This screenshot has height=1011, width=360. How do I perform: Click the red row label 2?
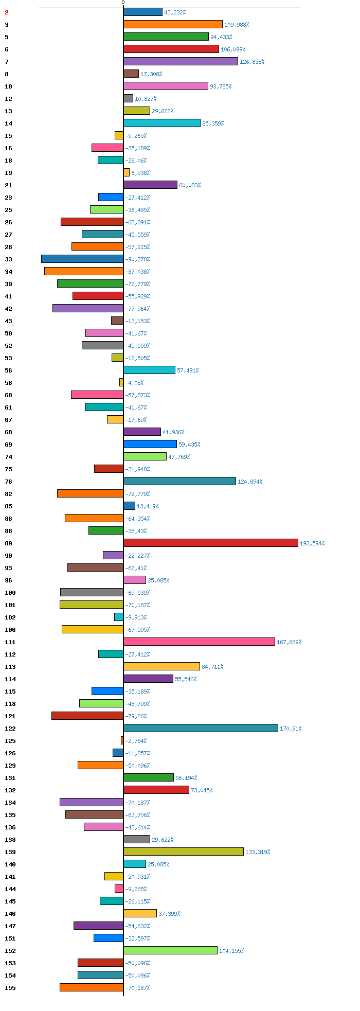tap(7, 12)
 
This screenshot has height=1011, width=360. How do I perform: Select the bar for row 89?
tap(211, 543)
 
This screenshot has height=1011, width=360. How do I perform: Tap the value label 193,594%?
tap(312, 543)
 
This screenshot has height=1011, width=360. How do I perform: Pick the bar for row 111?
tap(199, 642)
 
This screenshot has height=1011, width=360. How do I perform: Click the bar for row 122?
tap(201, 728)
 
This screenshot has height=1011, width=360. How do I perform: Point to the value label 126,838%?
tap(252, 62)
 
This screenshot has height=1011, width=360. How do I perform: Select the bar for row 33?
tap(82, 259)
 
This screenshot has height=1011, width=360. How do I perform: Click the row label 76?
tap(8, 482)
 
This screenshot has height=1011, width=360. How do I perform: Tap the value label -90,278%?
tap(137, 259)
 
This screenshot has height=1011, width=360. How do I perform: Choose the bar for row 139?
tap(184, 852)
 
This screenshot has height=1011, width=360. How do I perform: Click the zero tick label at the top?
tap(123, 3)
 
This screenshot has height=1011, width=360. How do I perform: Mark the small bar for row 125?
tap(122, 740)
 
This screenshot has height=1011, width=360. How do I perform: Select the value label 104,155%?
tap(231, 951)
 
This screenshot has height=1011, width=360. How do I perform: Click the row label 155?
tap(10, 988)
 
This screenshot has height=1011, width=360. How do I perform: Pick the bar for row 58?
tap(121, 382)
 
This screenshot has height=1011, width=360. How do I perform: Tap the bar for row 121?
tap(87, 716)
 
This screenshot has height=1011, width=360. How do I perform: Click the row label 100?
tap(10, 593)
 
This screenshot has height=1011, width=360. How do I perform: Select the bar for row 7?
tap(181, 61)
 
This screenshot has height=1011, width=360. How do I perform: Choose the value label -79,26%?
tap(136, 716)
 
